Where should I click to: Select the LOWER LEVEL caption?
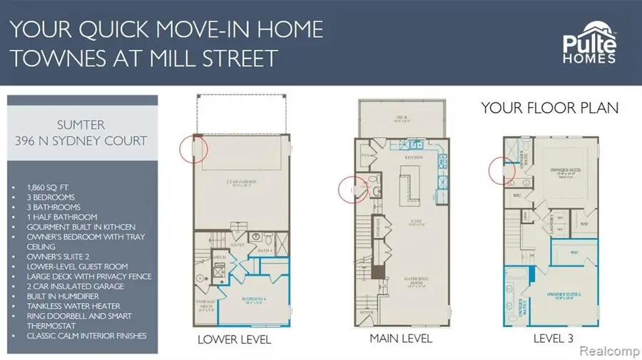point(234,339)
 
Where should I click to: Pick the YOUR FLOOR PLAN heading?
point(549,108)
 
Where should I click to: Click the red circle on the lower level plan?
point(194,149)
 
